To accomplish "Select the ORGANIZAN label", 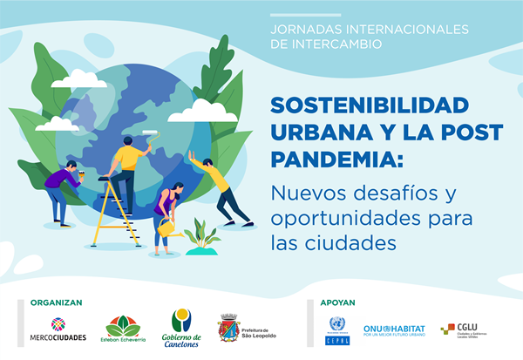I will point(56,303).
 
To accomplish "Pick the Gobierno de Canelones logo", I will point(181,328).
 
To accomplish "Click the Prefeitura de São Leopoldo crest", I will point(228,329).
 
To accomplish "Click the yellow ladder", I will point(119,210).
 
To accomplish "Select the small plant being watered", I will point(201,236).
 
